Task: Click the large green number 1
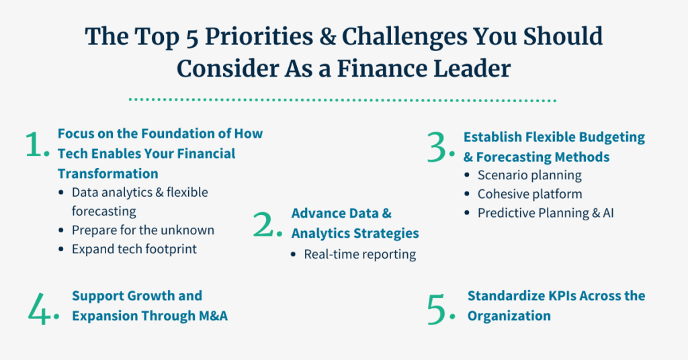tap(34, 144)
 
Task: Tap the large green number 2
tap(263, 225)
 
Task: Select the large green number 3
tap(437, 148)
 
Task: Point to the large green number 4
tap(38, 309)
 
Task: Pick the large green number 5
tap(437, 309)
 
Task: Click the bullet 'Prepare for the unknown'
tap(143, 230)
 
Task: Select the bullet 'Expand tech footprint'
tap(134, 249)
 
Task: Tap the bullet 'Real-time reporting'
tap(360, 255)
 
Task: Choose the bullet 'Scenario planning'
tap(529, 175)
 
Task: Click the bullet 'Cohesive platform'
tap(529, 194)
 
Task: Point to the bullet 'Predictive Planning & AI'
tap(546, 213)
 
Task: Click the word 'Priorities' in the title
tap(259, 37)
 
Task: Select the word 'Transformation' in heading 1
tap(108, 174)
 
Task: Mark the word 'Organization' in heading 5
tap(509, 316)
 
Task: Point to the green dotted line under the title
tap(343, 100)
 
